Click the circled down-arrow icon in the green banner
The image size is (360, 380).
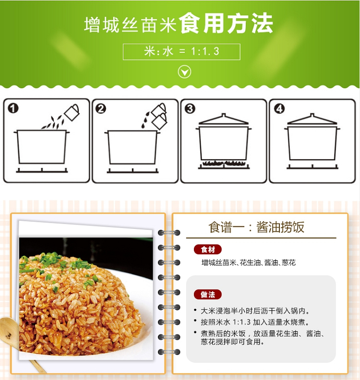pyautogui.click(x=184, y=72)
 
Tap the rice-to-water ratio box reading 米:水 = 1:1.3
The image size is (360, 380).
pyautogui.click(x=181, y=52)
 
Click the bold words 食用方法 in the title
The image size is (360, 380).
pyautogui.click(x=226, y=24)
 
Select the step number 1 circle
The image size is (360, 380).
pyautogui.click(x=13, y=108)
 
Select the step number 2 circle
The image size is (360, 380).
pyautogui.click(x=101, y=108)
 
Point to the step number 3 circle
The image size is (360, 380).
pyautogui.click(x=190, y=108)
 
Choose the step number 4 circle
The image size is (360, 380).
pyautogui.click(x=279, y=108)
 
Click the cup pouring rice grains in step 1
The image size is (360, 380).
pyautogui.click(x=72, y=112)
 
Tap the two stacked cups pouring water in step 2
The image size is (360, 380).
pyautogui.click(x=159, y=116)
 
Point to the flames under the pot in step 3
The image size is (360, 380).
pyautogui.click(x=224, y=163)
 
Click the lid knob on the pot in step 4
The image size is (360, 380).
pyautogui.click(x=312, y=115)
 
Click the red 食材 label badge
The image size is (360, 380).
pyautogui.click(x=208, y=249)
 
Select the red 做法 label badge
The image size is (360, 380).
pyautogui.click(x=208, y=295)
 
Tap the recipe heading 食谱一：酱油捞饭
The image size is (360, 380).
pyautogui.click(x=256, y=227)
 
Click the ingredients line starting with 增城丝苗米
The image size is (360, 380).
pyautogui.click(x=249, y=263)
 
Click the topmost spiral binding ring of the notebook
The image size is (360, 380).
pyautogui.click(x=169, y=233)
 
